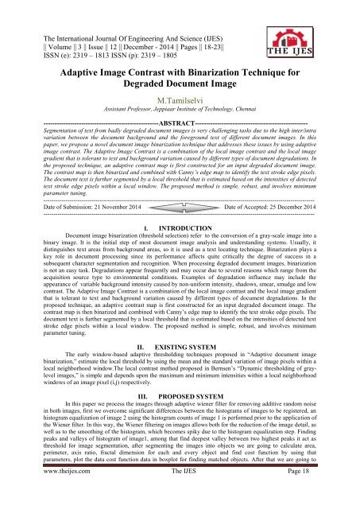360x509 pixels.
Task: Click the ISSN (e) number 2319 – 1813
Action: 79,45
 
